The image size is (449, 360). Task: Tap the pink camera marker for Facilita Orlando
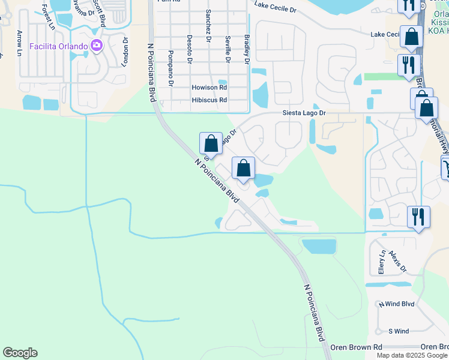tap(96, 46)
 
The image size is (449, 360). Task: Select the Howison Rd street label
tap(209, 88)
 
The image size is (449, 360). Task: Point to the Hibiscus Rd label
tap(209, 100)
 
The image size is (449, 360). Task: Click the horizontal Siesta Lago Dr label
tap(304, 113)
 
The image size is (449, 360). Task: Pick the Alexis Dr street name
tap(396, 260)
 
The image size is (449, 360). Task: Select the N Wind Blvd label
tap(396, 304)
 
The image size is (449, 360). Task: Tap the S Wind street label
tap(399, 331)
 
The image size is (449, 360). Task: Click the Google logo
tap(20, 353)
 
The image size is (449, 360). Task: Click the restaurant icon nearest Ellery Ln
tap(418, 216)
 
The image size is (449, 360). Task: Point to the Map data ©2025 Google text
tap(412, 355)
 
